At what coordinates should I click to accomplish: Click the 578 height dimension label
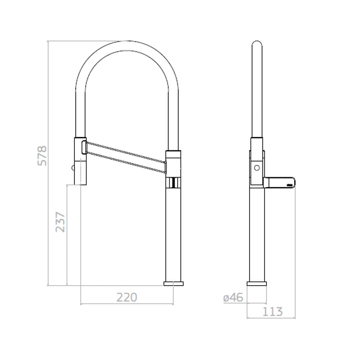click(x=42, y=156)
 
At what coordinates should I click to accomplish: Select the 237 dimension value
click(x=60, y=222)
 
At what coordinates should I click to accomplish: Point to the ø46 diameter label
click(x=233, y=298)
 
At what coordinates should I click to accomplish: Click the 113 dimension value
click(x=272, y=311)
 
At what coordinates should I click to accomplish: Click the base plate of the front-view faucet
click(x=174, y=284)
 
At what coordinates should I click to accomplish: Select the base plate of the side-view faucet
click(x=257, y=284)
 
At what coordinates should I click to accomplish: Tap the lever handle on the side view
click(x=279, y=182)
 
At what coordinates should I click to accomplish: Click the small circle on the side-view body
click(x=257, y=168)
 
